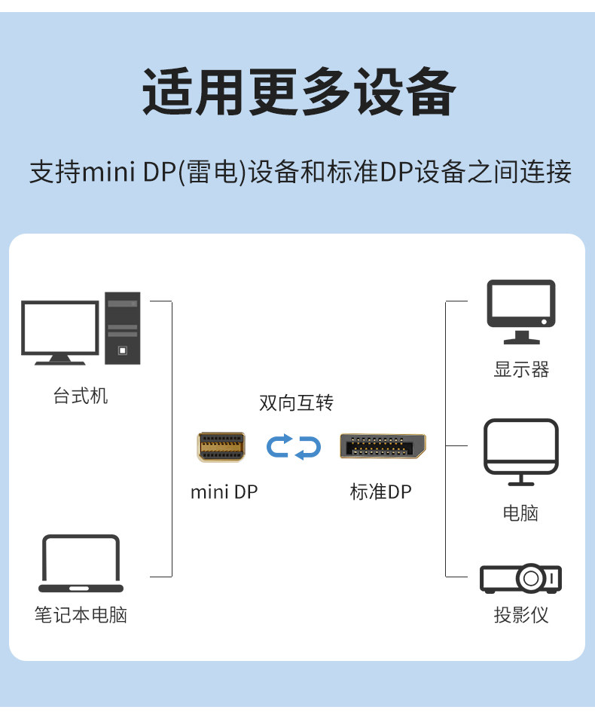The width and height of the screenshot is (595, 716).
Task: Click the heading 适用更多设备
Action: click(298, 93)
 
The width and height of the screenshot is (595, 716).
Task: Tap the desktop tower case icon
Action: click(122, 328)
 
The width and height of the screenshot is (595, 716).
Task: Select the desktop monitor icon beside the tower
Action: click(60, 332)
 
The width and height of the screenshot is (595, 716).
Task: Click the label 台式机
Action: click(81, 396)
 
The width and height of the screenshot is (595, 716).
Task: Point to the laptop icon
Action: click(81, 564)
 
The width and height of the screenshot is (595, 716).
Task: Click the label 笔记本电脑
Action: click(81, 615)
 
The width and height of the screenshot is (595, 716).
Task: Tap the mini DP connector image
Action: click(221, 447)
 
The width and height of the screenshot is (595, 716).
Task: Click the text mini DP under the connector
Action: click(224, 492)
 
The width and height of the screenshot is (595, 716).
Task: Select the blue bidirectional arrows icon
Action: click(294, 446)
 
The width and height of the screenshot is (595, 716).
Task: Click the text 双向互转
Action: click(296, 403)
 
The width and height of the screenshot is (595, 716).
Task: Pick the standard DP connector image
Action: click(383, 446)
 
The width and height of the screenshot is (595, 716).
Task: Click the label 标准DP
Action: click(381, 492)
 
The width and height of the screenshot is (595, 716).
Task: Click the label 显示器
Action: click(521, 369)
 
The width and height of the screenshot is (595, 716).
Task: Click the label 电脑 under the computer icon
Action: click(521, 513)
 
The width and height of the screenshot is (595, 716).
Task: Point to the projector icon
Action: click(521, 578)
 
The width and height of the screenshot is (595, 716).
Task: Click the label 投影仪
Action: click(521, 615)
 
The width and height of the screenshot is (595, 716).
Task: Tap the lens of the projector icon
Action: click(530, 579)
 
